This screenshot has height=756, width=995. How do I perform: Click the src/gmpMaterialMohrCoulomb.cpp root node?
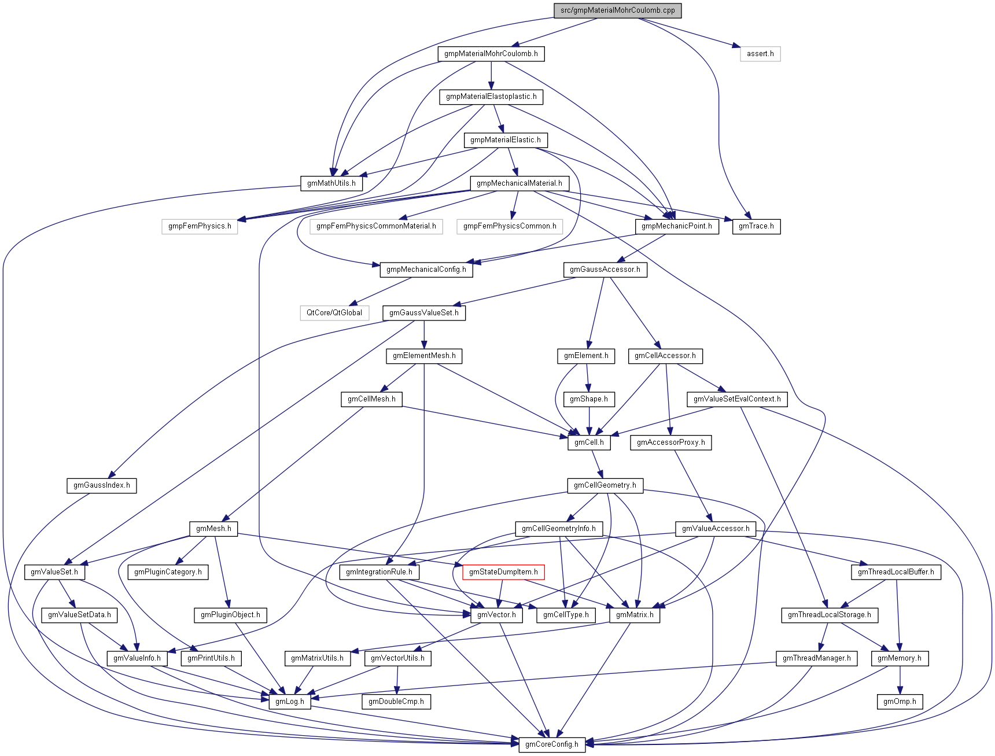click(x=617, y=10)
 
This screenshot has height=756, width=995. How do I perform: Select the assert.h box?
click(x=760, y=54)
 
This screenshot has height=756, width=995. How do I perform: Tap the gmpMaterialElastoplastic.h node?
click(x=491, y=97)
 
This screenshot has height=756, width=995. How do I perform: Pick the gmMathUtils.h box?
click(x=331, y=183)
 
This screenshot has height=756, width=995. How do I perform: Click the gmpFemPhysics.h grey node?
click(x=200, y=226)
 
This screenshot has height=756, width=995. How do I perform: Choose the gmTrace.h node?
click(x=756, y=226)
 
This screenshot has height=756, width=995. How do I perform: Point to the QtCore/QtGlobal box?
click(x=334, y=313)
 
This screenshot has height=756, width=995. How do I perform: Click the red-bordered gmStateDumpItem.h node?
click(x=503, y=572)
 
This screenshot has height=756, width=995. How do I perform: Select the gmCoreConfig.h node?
click(x=551, y=744)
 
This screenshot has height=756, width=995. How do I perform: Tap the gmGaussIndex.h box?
click(x=101, y=485)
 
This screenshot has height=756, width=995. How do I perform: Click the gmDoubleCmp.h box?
click(x=396, y=702)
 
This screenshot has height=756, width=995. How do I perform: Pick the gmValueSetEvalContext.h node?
click(x=737, y=399)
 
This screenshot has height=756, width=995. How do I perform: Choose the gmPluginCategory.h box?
click(x=168, y=572)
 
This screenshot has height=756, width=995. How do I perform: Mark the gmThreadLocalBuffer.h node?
click(x=895, y=572)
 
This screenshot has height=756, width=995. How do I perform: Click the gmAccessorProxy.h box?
click(x=670, y=442)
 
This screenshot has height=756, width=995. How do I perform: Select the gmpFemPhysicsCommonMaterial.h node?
click(x=376, y=226)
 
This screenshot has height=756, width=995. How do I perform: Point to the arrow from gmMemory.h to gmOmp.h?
click(x=900, y=680)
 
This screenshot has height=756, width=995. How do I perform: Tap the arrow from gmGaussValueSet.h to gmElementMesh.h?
click(x=424, y=334)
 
